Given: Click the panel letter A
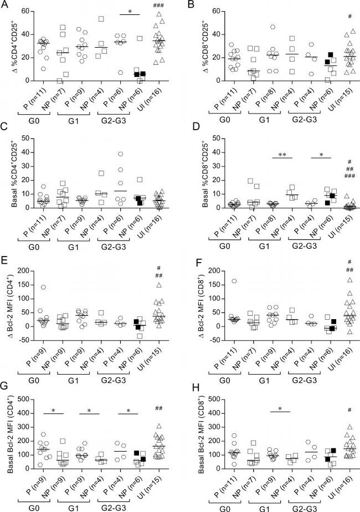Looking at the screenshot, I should pos(5,6).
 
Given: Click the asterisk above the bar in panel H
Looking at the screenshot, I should pos(280,408).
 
